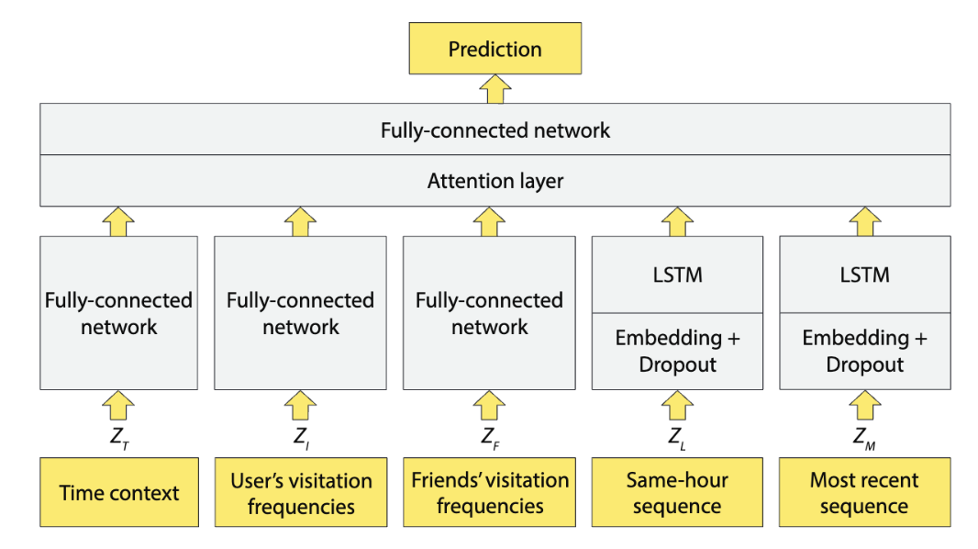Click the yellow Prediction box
495,49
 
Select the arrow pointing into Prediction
495,88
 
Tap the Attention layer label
495,181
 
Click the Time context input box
119,493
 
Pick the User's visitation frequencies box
300,493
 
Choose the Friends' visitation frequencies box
489,493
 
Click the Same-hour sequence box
677,493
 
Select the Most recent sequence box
863,493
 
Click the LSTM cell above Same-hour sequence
677,274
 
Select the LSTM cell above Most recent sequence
863,274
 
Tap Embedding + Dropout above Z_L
677,351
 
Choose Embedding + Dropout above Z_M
863,351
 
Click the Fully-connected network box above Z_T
119,313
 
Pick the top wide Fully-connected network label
495,129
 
